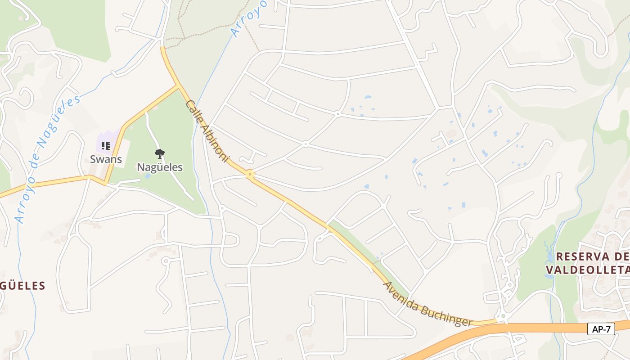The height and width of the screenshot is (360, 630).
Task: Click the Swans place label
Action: click(x=106, y=159)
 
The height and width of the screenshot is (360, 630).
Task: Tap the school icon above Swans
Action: click(x=106, y=145)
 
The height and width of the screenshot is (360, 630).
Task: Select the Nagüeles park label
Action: click(x=160, y=167)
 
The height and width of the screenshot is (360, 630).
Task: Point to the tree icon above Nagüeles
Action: click(x=159, y=154)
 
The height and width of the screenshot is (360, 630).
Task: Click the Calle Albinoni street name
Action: click(x=207, y=131)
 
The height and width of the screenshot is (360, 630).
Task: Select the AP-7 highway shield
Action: click(x=601, y=329)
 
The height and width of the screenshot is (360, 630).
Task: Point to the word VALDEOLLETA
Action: click(x=587, y=270)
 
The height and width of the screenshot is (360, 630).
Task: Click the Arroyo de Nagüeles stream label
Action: click(x=47, y=157)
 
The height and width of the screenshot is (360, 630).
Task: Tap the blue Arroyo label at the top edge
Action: click(x=248, y=18)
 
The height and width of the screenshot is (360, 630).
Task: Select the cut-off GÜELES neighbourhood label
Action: click(x=22, y=285)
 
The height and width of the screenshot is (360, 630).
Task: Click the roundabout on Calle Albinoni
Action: click(x=250, y=174)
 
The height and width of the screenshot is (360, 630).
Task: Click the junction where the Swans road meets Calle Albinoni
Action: click(x=178, y=85)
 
